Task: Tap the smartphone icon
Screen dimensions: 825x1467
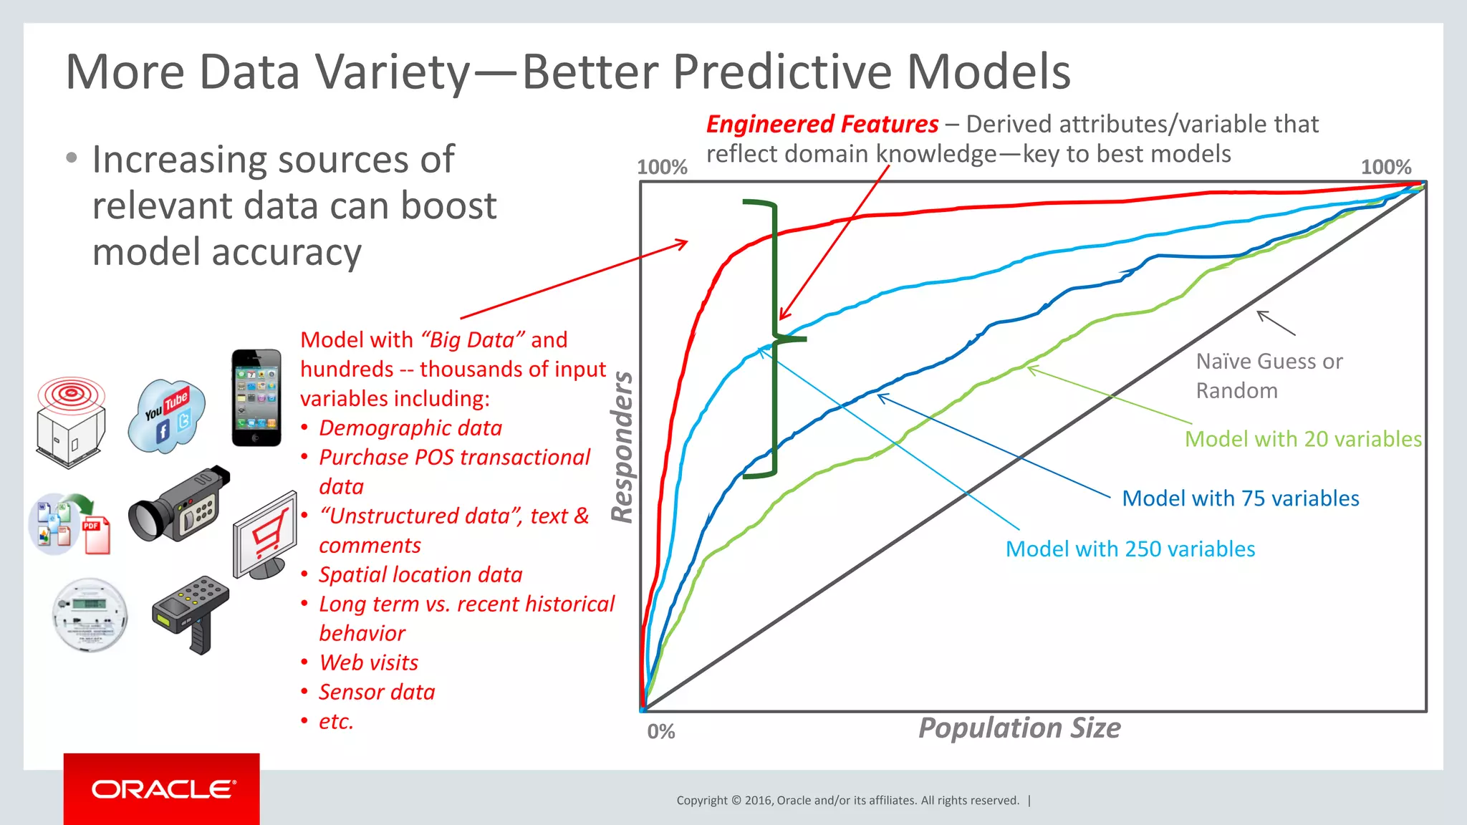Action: coord(256,398)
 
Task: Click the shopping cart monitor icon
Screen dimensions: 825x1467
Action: coord(265,535)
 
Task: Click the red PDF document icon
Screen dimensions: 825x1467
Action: coord(97,535)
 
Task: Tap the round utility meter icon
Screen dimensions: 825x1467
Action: coord(90,614)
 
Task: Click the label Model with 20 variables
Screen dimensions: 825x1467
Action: coord(1303,438)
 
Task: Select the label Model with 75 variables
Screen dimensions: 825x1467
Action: coord(1240,498)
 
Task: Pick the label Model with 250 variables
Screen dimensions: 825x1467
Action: coord(1130,549)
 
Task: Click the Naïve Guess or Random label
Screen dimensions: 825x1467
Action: coord(1269,375)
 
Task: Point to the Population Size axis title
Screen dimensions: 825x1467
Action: coord(1019,728)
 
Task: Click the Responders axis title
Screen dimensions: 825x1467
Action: coord(622,447)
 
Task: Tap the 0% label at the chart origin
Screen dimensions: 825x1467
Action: coord(660,731)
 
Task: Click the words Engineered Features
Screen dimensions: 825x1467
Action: coord(822,124)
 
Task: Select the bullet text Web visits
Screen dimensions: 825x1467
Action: coord(368,662)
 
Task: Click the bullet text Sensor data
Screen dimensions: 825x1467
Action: coord(377,692)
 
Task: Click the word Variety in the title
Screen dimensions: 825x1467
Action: coord(393,72)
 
